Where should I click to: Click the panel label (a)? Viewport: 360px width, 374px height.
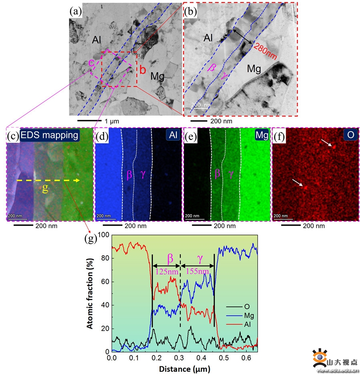[76, 11]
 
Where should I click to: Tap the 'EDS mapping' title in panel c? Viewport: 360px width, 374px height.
[50, 135]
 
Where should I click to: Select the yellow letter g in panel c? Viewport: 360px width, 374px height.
[45, 189]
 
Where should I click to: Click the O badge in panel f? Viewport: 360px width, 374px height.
[350, 135]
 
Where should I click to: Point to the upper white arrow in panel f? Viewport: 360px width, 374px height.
[326, 143]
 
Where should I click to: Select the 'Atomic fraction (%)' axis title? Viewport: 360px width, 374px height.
[91, 294]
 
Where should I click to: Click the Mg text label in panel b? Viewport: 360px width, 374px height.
[254, 69]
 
